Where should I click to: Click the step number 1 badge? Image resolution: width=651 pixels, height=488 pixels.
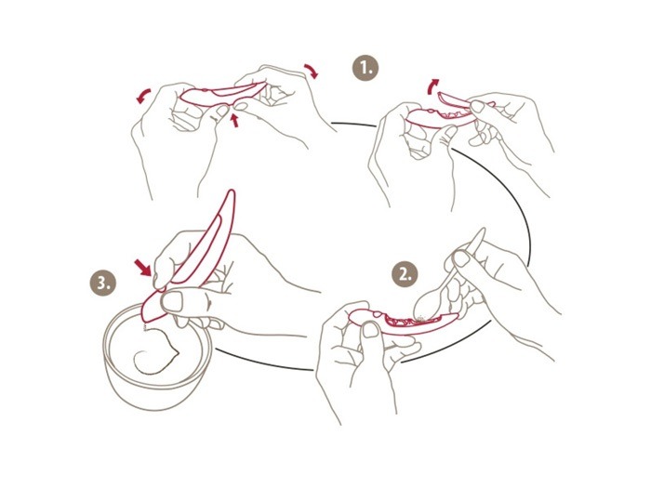pyautogui.click(x=365, y=68)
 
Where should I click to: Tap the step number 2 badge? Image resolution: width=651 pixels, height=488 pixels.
pyautogui.click(x=405, y=274)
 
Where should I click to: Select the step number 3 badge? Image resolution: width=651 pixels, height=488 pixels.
pyautogui.click(x=103, y=284)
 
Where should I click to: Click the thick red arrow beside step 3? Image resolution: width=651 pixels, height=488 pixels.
pyautogui.click(x=143, y=268)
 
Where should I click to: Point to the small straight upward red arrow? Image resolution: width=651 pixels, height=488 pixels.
pyautogui.click(x=235, y=120)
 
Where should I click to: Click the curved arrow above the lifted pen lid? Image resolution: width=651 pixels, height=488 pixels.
pyautogui.click(x=432, y=86)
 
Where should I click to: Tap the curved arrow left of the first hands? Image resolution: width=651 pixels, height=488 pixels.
pyautogui.click(x=143, y=96)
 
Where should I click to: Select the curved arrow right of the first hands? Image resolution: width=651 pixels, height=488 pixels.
pyautogui.click(x=312, y=71)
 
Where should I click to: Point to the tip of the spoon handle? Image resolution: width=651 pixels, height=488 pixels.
pyautogui.click(x=482, y=230)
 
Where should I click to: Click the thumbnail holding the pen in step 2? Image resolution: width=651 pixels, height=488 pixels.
pyautogui.click(x=371, y=330)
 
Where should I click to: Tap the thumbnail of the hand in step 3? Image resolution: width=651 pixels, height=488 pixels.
pyautogui.click(x=172, y=301)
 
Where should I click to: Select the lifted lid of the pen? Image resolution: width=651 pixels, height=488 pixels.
pyautogui.click(x=455, y=99)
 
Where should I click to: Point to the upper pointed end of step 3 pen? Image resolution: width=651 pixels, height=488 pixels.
pyautogui.click(x=232, y=191)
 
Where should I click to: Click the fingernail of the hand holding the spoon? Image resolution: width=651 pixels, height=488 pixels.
pyautogui.click(x=461, y=259)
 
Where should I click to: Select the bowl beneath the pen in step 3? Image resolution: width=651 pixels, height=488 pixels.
pyautogui.click(x=158, y=357)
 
